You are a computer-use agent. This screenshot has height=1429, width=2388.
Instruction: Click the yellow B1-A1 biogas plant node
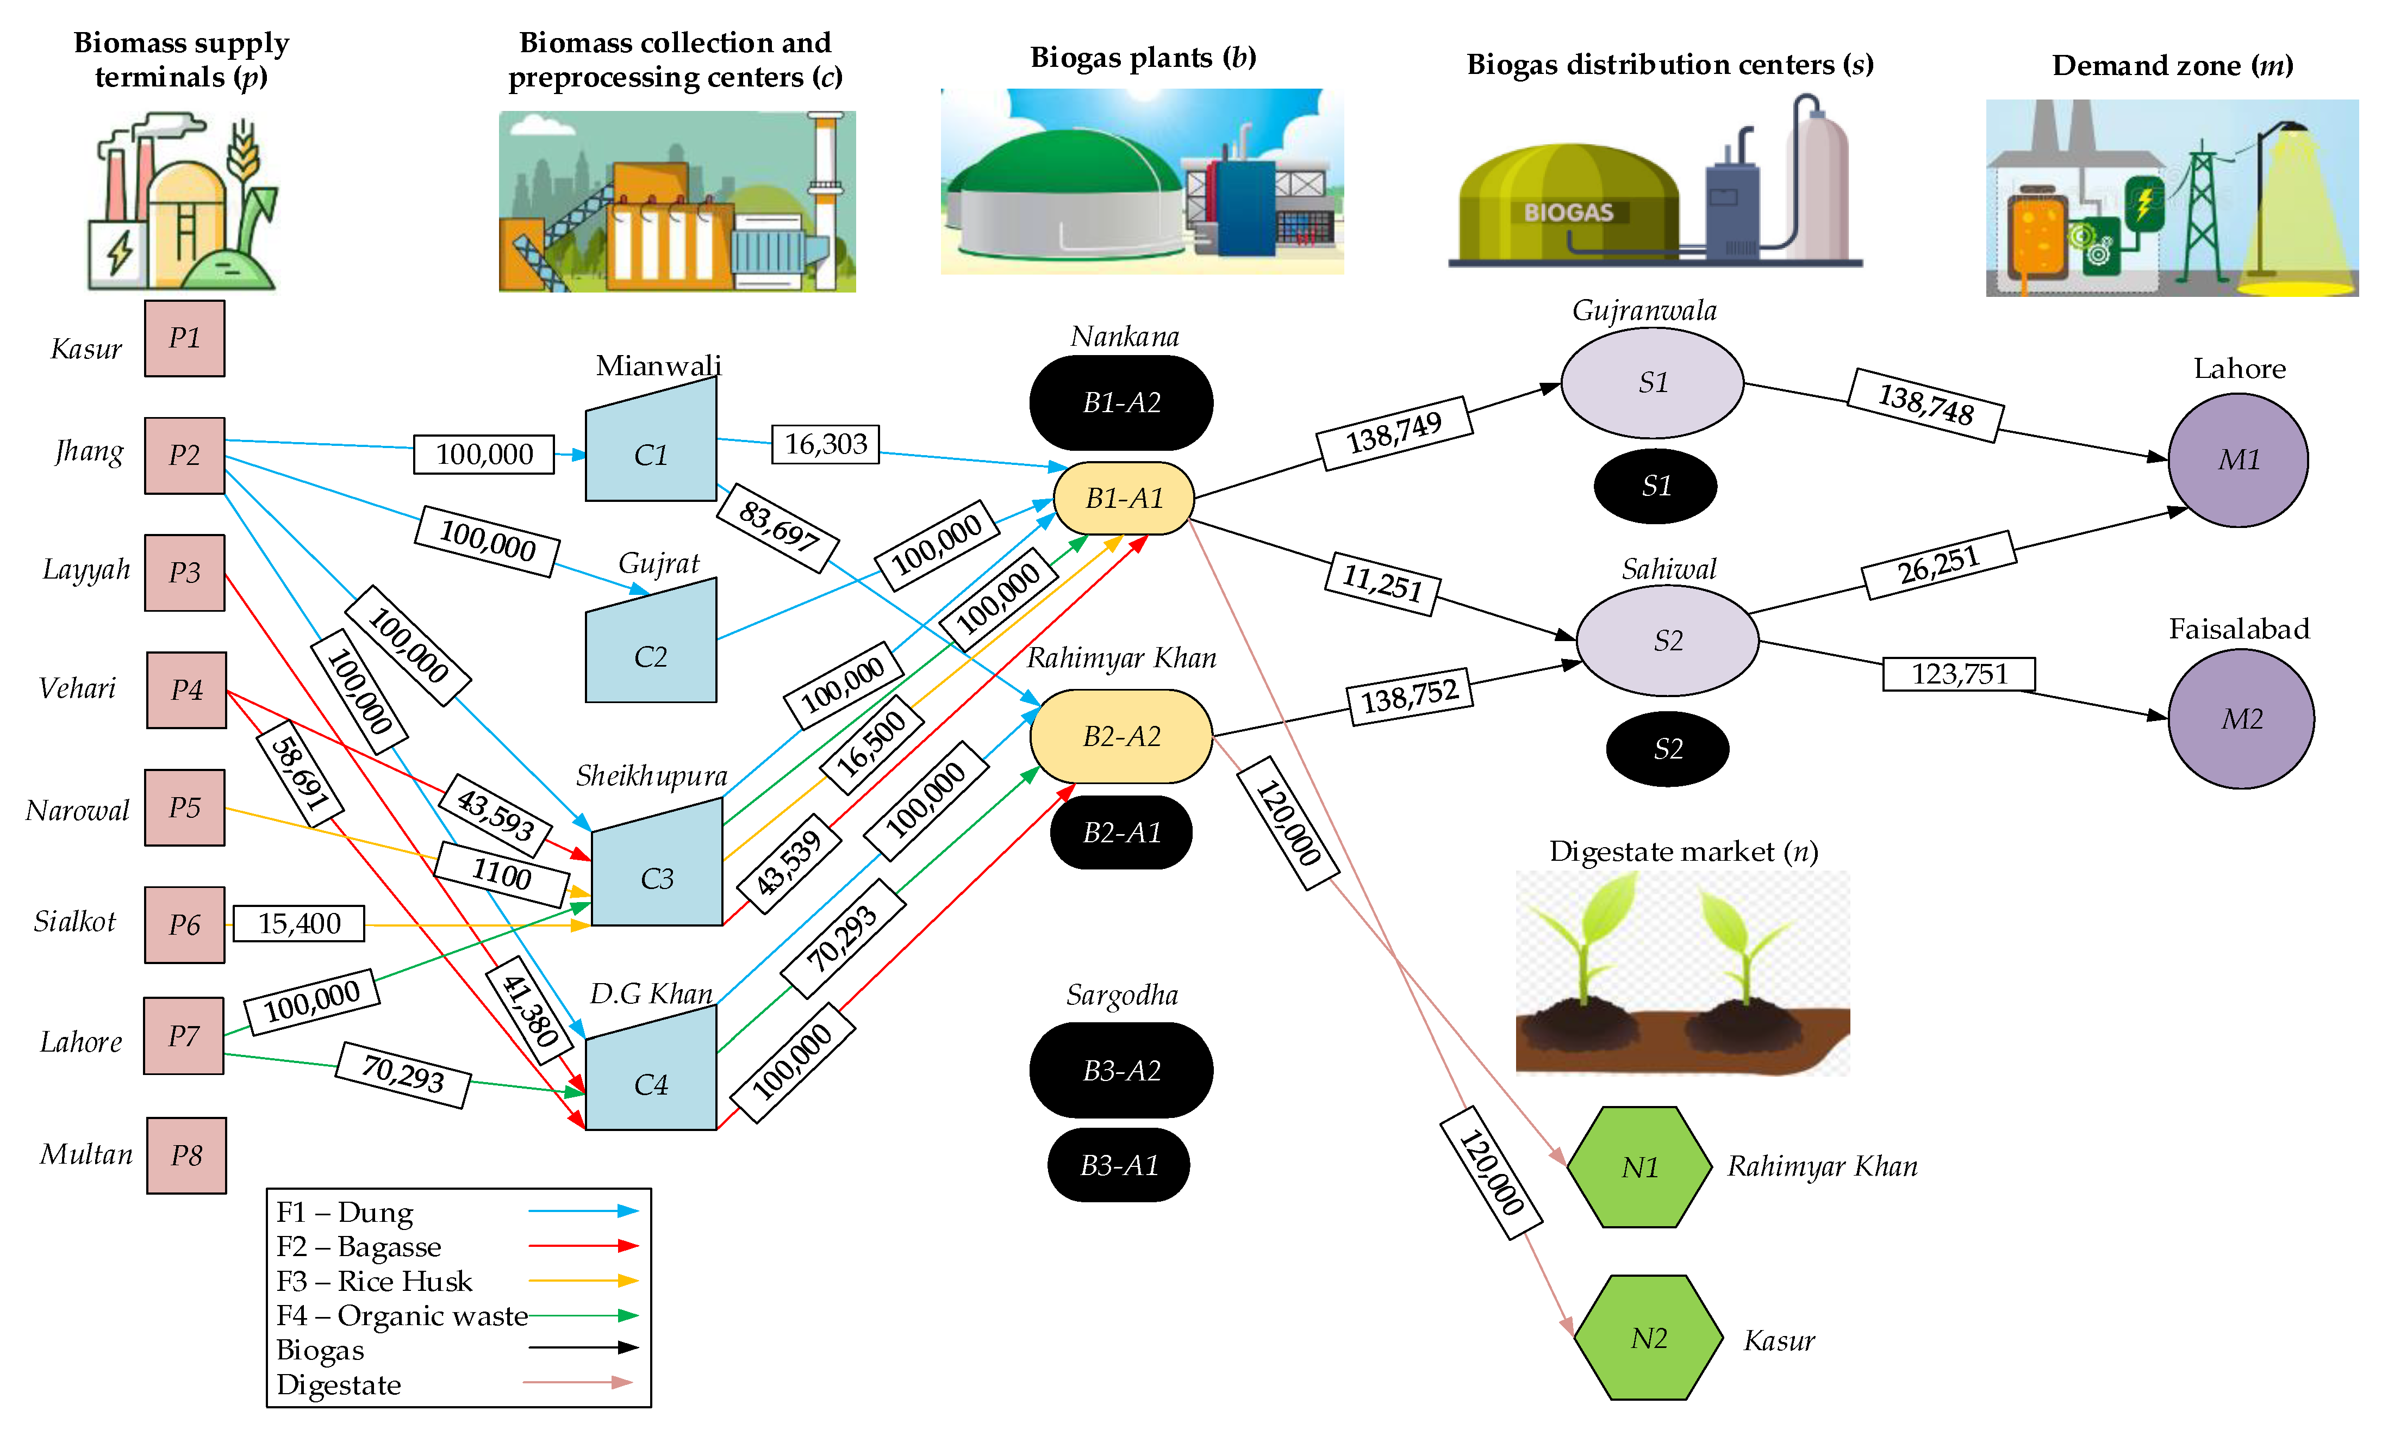pyautogui.click(x=1123, y=498)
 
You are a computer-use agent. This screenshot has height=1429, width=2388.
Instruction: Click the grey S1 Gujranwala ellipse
pyautogui.click(x=1651, y=382)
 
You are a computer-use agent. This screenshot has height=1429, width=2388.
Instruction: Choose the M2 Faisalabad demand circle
pyautogui.click(x=2241, y=718)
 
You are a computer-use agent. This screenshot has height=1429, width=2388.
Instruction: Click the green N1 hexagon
pyautogui.click(x=1639, y=1167)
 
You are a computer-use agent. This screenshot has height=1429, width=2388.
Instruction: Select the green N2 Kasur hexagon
pyautogui.click(x=1648, y=1338)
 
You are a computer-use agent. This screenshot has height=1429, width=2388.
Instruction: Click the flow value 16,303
pyautogui.click(x=825, y=444)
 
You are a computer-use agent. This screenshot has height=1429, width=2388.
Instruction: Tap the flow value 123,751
pyautogui.click(x=1959, y=673)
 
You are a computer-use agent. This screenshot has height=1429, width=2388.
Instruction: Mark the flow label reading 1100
pyautogui.click(x=501, y=873)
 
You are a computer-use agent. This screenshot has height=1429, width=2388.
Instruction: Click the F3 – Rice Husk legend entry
pyautogui.click(x=375, y=1281)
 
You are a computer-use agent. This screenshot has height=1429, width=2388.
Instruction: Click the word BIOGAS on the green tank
pyautogui.click(x=1568, y=212)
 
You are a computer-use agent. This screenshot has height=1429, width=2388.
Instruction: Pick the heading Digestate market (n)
pyautogui.click(x=1682, y=851)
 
